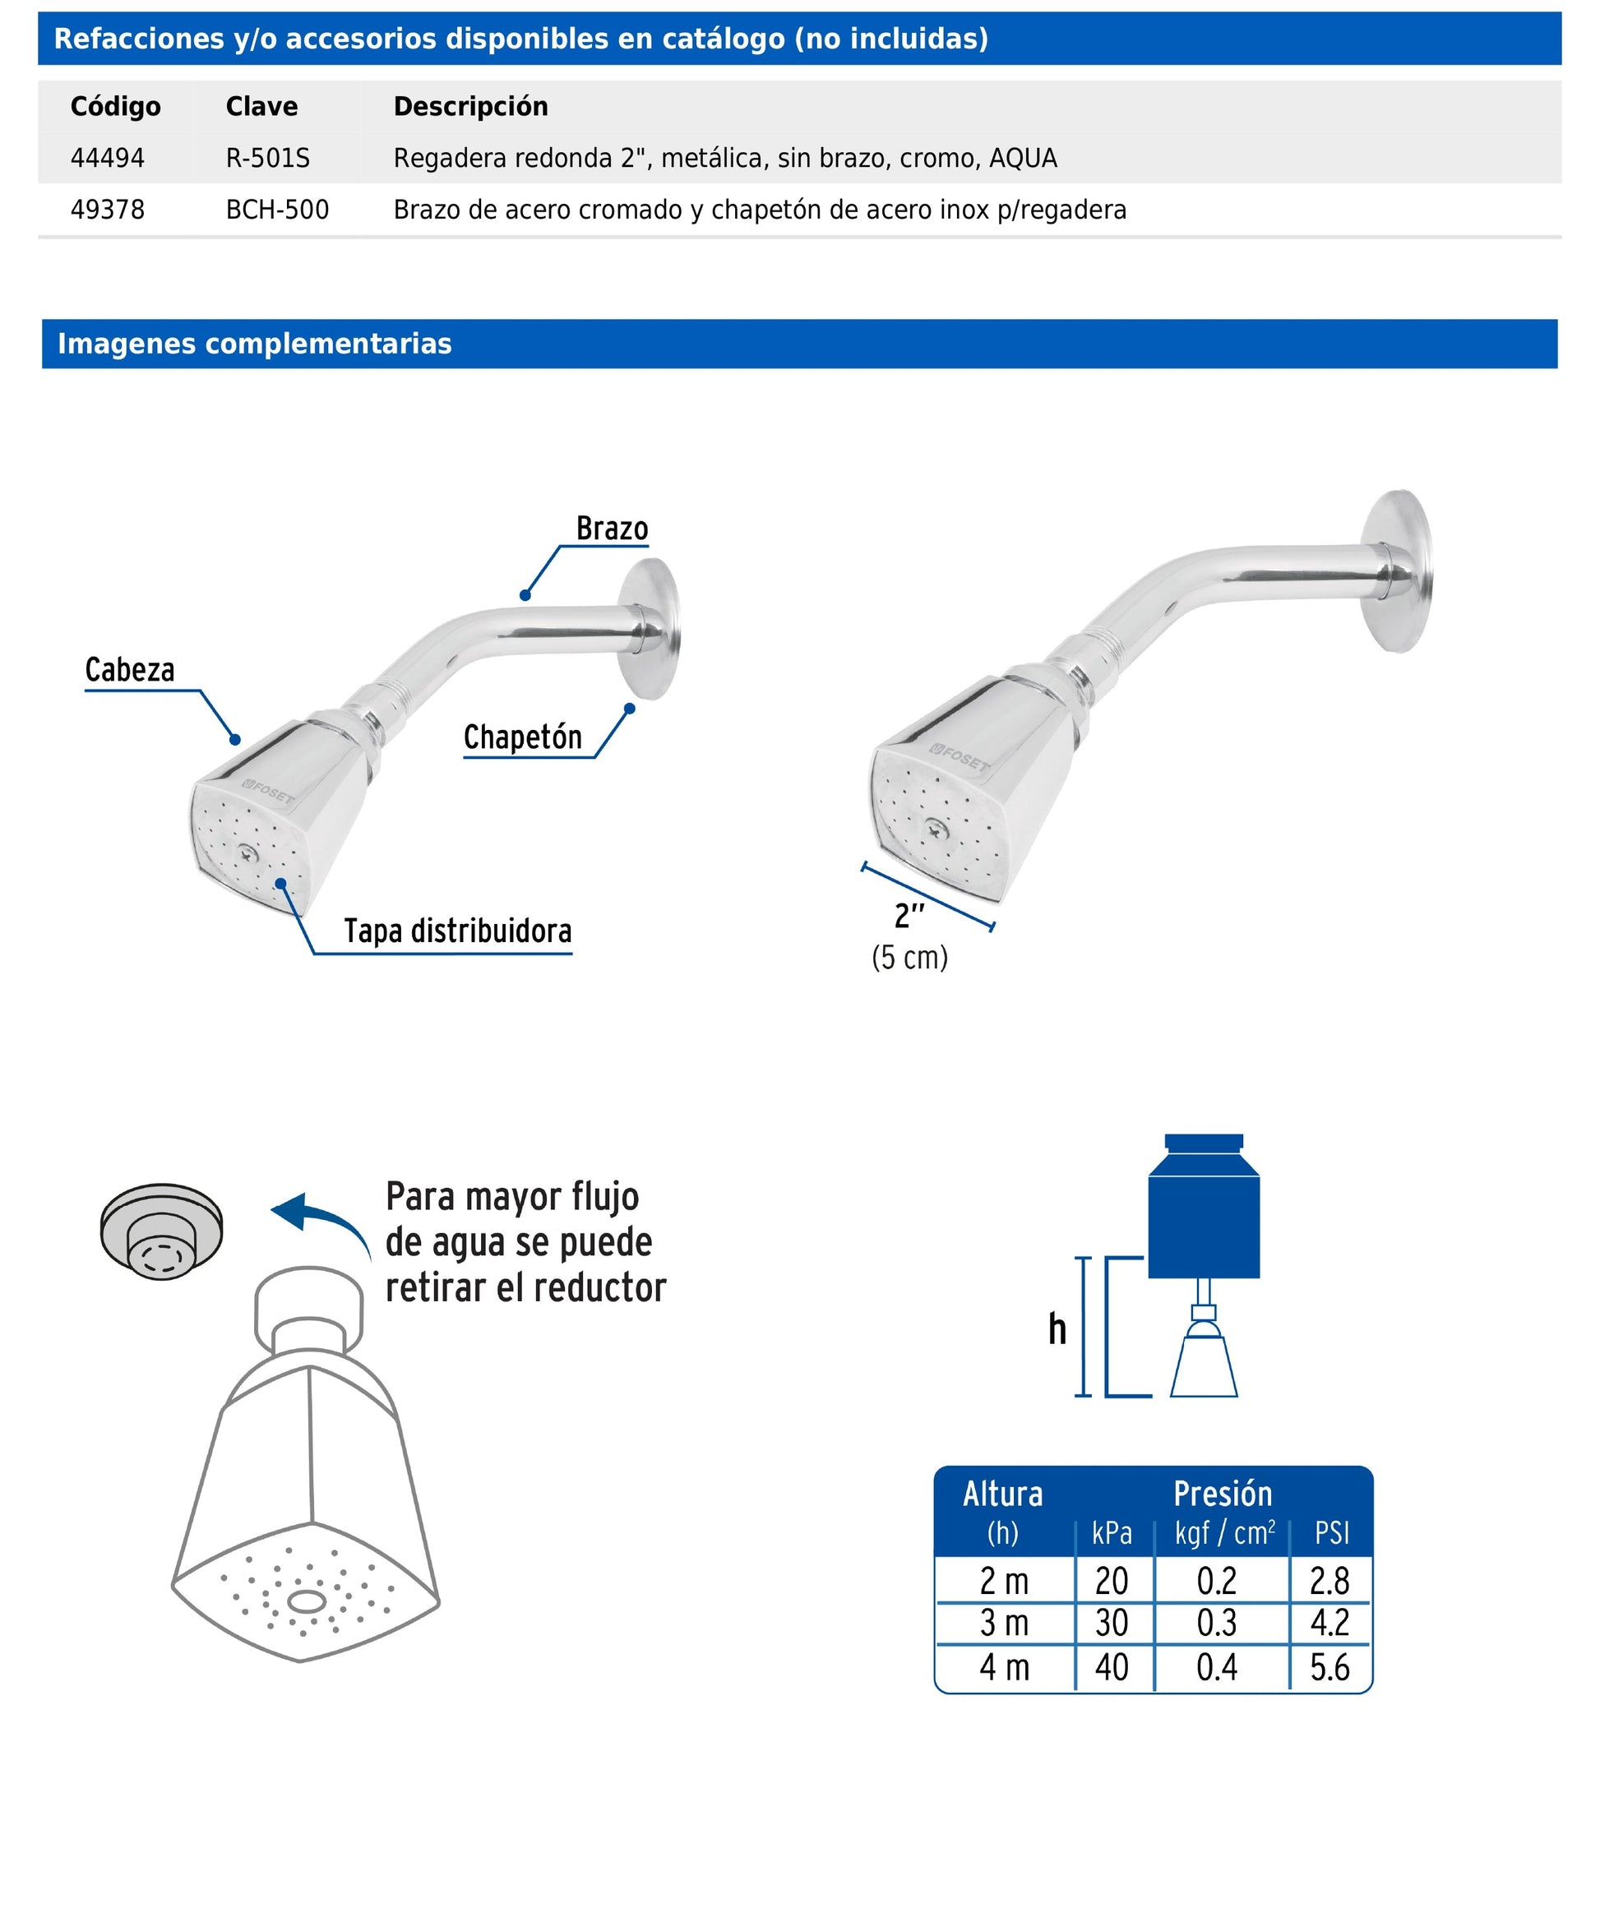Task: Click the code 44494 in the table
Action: coord(107,158)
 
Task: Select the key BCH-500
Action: coord(277,210)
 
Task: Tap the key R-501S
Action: coord(267,158)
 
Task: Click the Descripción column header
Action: coord(469,106)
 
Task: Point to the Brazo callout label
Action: coord(612,529)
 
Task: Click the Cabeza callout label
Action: coord(129,671)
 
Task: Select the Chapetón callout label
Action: coord(522,737)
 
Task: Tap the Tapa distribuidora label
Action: coord(457,931)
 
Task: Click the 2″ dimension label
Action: coord(909,916)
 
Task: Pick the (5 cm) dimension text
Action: coord(909,958)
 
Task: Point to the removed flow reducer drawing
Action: coord(161,1231)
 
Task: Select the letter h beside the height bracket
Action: coord(1057,1329)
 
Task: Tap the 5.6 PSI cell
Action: coord(1329,1668)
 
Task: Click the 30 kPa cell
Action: coord(1111,1623)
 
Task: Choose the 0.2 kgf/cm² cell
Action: coord(1216,1582)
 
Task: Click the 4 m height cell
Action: coord(1003,1668)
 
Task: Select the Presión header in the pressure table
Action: coord(1222,1495)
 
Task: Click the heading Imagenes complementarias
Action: coord(254,344)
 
